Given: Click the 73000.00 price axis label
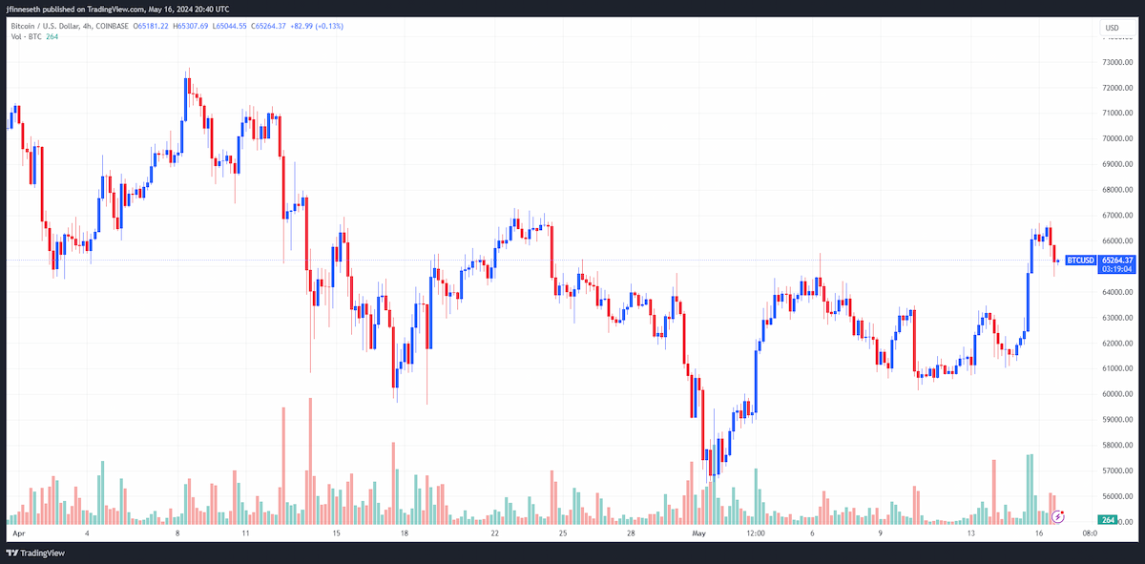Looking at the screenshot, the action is coord(1117,62).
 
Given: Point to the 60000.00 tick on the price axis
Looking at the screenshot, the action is coord(1117,394).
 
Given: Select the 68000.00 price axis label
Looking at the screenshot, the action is coord(1117,190).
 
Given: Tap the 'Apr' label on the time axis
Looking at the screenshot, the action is coord(19,533).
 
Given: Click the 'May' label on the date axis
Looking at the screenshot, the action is coord(698,533).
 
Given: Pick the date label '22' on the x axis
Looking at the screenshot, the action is coord(494,533).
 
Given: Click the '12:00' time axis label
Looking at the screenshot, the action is coord(756,533).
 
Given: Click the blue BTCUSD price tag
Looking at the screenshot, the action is coord(1080,261).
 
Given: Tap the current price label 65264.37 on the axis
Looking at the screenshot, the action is coord(1117,261).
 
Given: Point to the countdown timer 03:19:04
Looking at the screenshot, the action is coord(1117,269).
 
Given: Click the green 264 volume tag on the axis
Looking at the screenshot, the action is coord(1108,520).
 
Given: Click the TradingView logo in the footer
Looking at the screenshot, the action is coord(35,554).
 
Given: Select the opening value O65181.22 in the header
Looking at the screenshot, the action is coord(151,26).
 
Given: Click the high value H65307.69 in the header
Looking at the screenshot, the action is coord(191,26).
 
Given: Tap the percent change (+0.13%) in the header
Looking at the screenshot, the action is coord(330,26).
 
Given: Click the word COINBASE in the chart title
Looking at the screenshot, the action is coord(112,26).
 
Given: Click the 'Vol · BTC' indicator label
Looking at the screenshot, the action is coord(26,37).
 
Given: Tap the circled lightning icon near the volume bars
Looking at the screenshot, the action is coord(1057,517).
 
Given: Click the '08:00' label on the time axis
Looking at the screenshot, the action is coord(1090,533).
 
